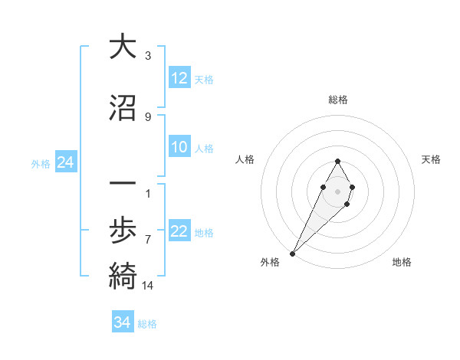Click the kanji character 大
123,47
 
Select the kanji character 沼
123,109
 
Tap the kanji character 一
123,184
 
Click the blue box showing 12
179,78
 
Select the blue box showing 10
179,147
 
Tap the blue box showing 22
179,232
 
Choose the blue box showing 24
65,162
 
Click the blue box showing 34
123,322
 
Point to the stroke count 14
149,286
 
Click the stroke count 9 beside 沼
148,116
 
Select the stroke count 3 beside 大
148,55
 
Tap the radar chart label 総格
338,100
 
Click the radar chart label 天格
432,159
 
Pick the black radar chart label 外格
270,262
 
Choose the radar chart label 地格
402,262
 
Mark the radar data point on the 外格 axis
293,252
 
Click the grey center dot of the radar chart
337,190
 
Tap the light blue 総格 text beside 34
147,324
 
